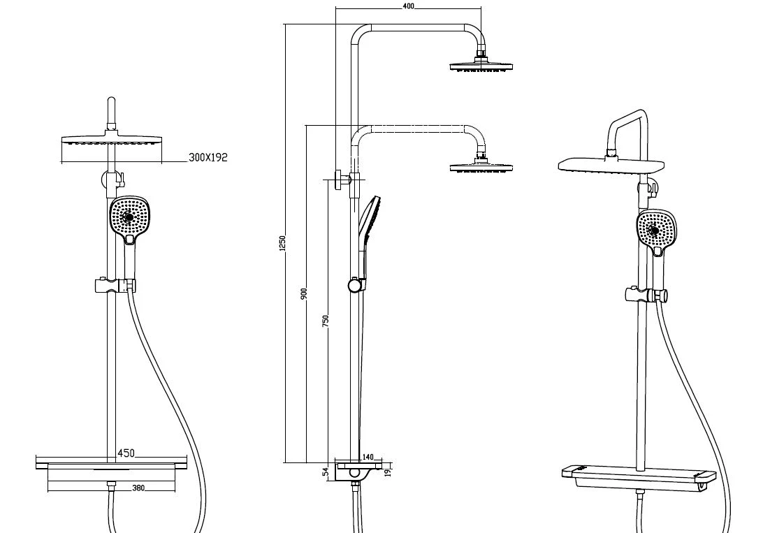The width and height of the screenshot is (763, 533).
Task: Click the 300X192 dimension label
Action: pyautogui.click(x=208, y=158)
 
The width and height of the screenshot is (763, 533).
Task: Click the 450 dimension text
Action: pyautogui.click(x=126, y=453)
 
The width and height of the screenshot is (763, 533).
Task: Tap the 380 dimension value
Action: pyautogui.click(x=138, y=488)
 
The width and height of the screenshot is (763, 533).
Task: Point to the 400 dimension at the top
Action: pyautogui.click(x=409, y=6)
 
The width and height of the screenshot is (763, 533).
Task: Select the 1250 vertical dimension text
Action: pyautogui.click(x=282, y=242)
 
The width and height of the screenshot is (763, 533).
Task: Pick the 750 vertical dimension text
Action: pyautogui.click(x=326, y=320)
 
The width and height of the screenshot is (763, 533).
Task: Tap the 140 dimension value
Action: pyautogui.click(x=368, y=457)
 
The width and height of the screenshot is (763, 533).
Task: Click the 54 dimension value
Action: pyautogui.click(x=326, y=473)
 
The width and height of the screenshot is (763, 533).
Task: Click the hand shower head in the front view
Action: pyautogui.click(x=130, y=218)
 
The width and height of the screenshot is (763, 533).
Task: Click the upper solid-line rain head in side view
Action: pyautogui.click(x=482, y=67)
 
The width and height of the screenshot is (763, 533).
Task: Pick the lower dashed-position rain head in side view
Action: pyautogui.click(x=482, y=168)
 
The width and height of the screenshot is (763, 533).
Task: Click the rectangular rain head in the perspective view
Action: pyautogui.click(x=611, y=166)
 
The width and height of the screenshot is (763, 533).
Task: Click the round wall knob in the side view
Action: pyautogui.click(x=340, y=179)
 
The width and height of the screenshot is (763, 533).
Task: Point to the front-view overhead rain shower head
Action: pyautogui.click(x=110, y=140)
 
